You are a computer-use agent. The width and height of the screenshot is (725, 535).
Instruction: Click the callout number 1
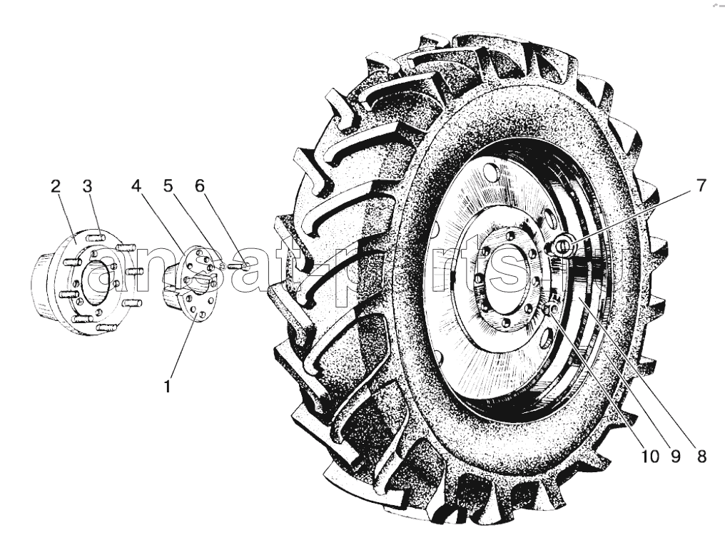tap(168, 386)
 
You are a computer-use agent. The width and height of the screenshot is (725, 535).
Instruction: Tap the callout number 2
tap(56, 186)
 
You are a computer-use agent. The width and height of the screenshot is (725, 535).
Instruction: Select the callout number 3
tap(87, 186)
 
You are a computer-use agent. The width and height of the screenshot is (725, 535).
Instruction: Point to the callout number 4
tap(136, 186)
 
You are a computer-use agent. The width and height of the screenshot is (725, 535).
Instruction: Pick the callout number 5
tap(168, 186)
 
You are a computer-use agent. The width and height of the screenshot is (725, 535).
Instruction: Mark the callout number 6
tap(199, 186)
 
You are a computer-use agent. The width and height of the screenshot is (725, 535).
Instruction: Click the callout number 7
tap(701, 186)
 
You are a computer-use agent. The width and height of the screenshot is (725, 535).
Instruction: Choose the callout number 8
tap(701, 457)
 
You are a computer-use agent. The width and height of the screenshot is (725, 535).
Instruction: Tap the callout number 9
tap(676, 457)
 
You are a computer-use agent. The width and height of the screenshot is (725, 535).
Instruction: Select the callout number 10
tap(649, 457)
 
